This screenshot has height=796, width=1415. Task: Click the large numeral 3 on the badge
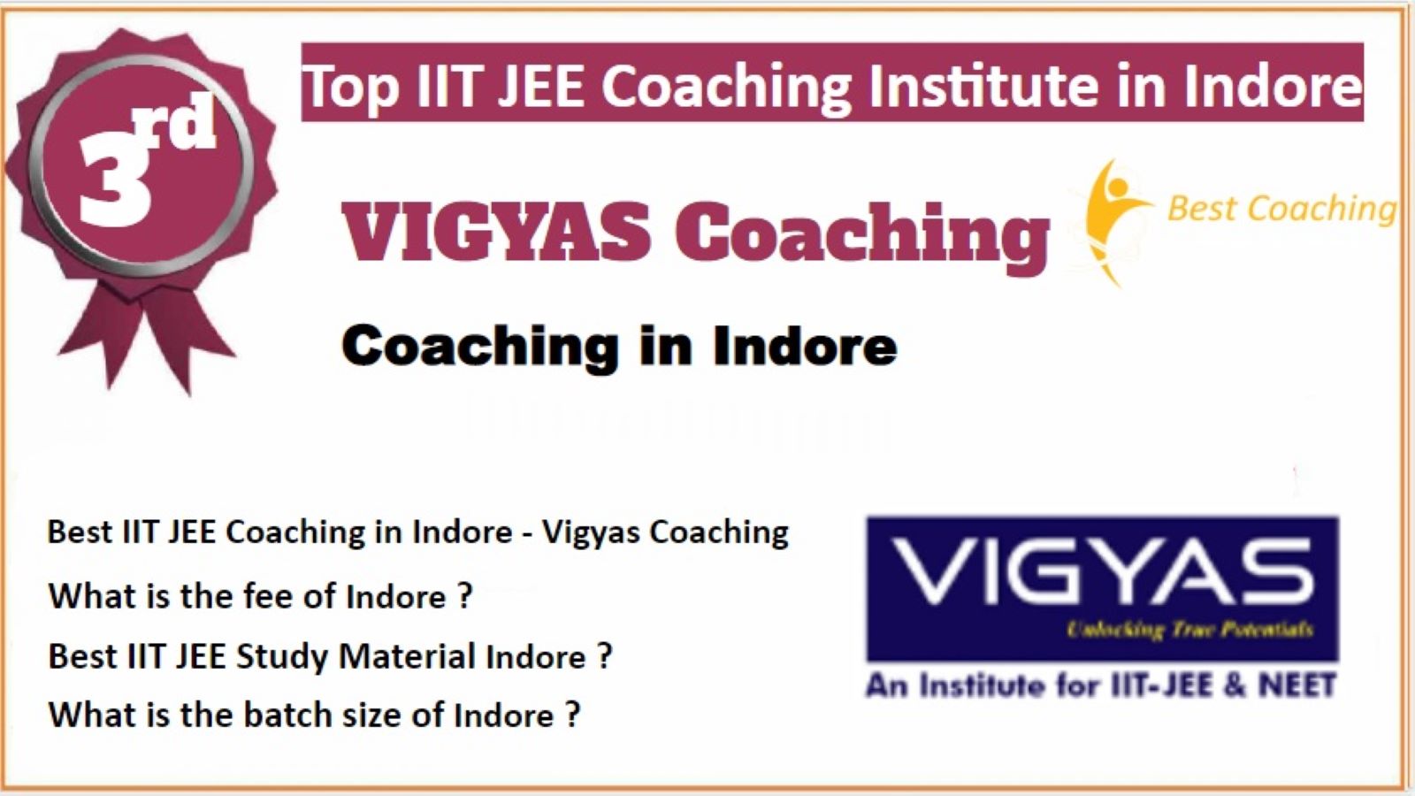coord(116,184)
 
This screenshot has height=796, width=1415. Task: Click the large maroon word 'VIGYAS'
coord(496,231)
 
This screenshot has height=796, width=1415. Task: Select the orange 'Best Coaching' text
coord(1281,209)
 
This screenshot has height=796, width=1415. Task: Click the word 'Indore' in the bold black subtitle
coord(805,346)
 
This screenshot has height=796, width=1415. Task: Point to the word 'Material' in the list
coord(408,655)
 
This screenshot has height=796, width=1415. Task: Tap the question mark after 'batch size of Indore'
coord(571,715)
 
